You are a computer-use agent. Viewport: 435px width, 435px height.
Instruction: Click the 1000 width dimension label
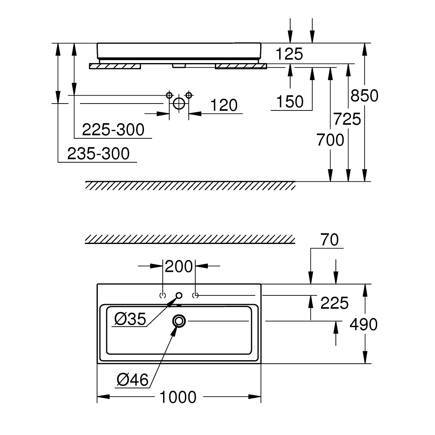coord(178,397)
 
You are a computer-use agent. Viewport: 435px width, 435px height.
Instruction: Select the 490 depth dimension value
coord(364,324)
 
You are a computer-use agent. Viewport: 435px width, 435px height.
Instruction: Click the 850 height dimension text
coord(365,95)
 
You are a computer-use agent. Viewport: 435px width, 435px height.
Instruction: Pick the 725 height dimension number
coord(347,118)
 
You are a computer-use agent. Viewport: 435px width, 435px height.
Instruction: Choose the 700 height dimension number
coord(330,140)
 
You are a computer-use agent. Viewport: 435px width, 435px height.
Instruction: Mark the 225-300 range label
coord(113,130)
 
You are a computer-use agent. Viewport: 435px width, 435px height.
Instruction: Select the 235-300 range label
coord(99,154)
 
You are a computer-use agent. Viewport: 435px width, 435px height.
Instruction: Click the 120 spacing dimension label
coord(224,105)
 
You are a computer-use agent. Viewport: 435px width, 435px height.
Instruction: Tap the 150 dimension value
coord(290,102)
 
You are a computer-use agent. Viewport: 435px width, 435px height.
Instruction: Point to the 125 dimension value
coord(289,54)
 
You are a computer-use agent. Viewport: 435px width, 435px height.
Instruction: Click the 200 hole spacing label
coord(179,266)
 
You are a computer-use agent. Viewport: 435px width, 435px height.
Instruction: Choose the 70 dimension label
coord(330,240)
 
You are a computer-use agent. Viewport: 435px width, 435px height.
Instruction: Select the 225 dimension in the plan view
coord(335,303)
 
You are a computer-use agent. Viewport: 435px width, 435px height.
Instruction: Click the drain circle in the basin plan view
coord(179,321)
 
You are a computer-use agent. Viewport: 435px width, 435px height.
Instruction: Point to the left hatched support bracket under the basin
coord(115,66)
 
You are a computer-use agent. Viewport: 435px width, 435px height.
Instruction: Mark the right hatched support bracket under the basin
coord(241,66)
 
